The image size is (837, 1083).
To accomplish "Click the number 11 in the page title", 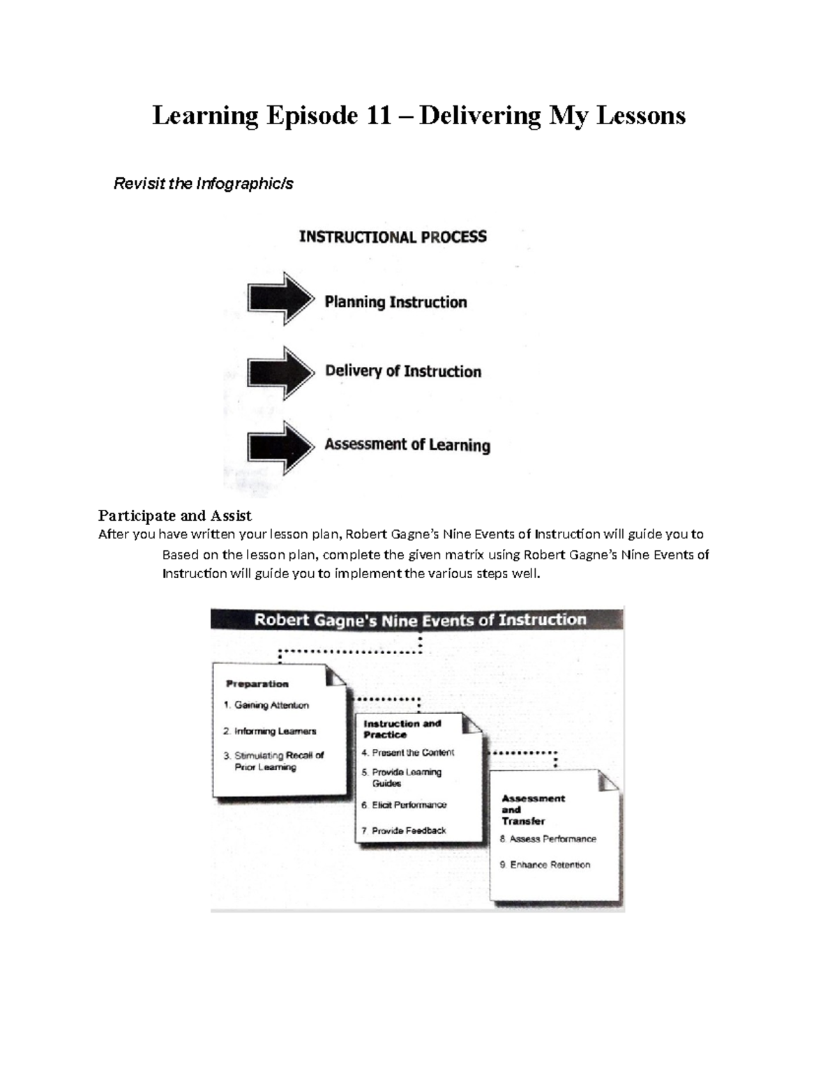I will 379,115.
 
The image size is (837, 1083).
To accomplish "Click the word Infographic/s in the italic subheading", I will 244,183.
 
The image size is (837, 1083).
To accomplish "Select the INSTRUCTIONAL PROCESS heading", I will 393,237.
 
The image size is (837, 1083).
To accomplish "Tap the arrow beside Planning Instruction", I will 280,299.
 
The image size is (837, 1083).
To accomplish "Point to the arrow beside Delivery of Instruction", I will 280,372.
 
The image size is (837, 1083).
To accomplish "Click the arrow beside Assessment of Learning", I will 280,447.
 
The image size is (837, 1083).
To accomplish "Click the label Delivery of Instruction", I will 403,371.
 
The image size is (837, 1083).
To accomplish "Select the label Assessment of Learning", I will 407,445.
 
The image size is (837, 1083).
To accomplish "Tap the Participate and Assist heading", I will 174,515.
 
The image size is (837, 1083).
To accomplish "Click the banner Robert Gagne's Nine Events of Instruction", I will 419,619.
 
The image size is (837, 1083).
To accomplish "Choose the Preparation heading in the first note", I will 257,684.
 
